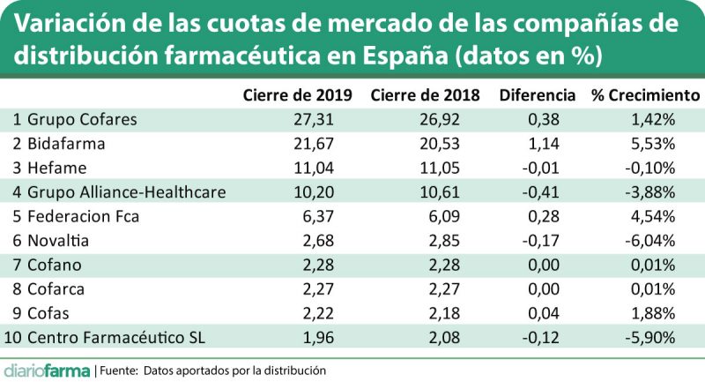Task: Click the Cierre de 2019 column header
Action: pos(297,94)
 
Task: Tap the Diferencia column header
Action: pos(537,94)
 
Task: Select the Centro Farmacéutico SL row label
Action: pos(107,335)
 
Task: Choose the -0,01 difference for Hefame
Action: pos(555,168)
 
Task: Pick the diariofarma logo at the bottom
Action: pos(45,370)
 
